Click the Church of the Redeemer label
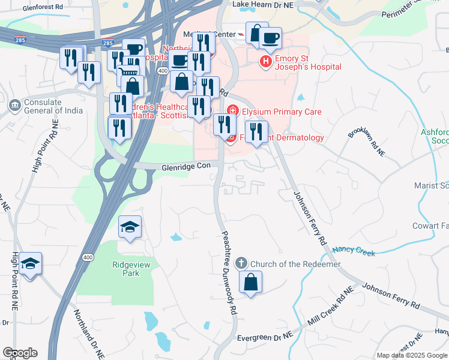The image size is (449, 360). [295, 264]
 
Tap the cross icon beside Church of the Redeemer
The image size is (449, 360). [241, 263]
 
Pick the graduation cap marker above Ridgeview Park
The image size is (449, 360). [130, 227]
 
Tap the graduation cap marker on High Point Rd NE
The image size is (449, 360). [29, 263]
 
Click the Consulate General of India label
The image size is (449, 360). [43, 106]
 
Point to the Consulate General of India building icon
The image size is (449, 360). [14, 106]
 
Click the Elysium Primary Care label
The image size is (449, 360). [282, 112]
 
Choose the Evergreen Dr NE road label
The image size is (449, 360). [264, 338]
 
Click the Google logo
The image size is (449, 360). [20, 353]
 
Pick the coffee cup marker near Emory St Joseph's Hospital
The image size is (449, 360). [271, 38]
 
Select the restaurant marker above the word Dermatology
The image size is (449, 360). [256, 132]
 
